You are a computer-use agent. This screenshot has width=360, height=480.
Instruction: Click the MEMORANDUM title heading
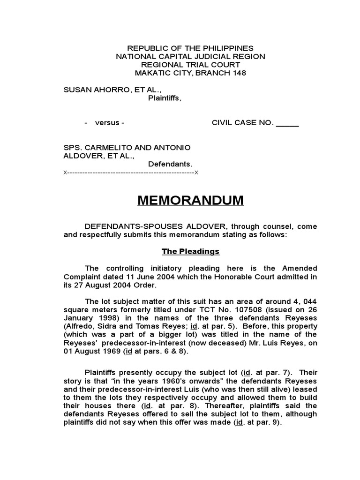pyautogui.click(x=190, y=201)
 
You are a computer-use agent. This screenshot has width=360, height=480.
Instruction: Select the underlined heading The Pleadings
pyautogui.click(x=190, y=252)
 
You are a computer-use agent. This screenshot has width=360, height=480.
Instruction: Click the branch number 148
pyautogui.click(x=238, y=73)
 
